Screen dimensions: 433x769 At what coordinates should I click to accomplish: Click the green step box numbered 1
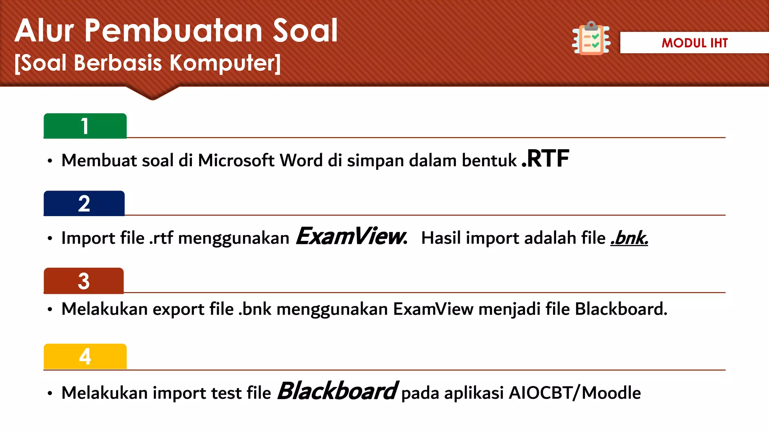[x=85, y=126]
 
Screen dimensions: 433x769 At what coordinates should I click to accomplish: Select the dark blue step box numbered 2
[x=84, y=203]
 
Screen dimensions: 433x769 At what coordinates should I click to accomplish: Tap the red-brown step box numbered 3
[x=84, y=281]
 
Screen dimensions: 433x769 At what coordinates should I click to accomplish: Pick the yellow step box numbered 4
[x=85, y=356]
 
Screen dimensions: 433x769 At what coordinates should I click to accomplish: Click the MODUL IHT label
[x=694, y=43]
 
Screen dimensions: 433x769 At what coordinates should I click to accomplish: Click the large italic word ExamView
[x=351, y=236]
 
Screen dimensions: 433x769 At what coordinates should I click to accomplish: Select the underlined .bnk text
[x=629, y=238]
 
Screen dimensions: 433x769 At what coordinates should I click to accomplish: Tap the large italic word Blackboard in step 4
[x=337, y=391]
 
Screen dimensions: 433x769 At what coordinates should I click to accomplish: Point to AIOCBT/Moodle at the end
[x=574, y=393]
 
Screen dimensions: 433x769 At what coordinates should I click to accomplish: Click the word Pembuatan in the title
[x=173, y=31]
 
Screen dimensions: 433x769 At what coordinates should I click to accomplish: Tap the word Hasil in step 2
[x=441, y=238]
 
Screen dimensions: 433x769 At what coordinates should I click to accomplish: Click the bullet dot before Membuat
[x=50, y=161]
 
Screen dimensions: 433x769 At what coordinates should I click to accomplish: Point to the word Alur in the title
[x=44, y=31]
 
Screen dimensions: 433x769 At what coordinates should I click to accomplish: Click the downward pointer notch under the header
[x=152, y=94]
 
